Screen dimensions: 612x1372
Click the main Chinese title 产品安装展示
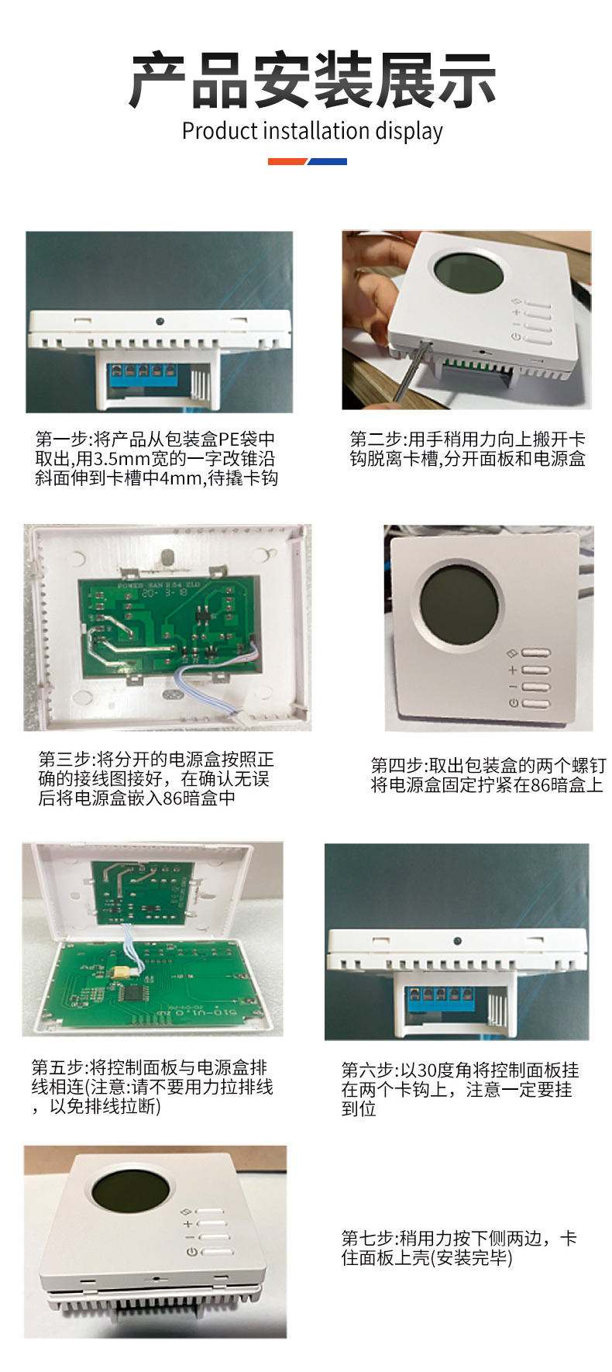[x=312, y=81]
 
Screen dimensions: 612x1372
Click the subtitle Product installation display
[x=312, y=131]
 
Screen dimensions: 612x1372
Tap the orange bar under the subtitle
[x=288, y=161]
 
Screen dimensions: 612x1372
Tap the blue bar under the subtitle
[x=328, y=161]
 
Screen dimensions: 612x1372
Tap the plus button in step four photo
[x=535, y=670]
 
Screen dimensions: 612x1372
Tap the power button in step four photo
[x=535, y=704]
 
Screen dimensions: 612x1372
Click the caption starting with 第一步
[x=156, y=458]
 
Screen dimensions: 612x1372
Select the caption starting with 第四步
[x=487, y=775]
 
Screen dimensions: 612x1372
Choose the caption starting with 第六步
[x=460, y=1089]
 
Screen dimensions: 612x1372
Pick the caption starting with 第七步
[x=459, y=1247]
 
